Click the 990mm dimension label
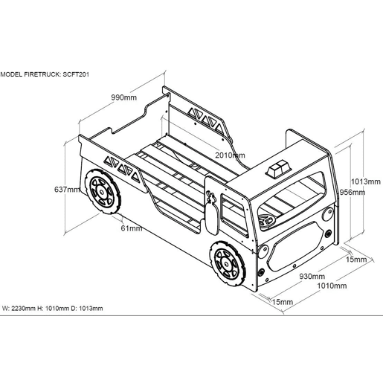(123, 97)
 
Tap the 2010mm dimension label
(230, 155)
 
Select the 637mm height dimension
(67, 190)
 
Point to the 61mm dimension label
(132, 228)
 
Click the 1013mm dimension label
(365, 181)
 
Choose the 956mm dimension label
(352, 192)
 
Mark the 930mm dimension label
(312, 276)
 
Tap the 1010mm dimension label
(332, 286)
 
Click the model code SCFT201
(76, 74)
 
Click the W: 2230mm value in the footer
(19, 309)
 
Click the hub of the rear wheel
(101, 192)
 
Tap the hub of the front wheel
(226, 264)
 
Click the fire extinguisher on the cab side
(212, 213)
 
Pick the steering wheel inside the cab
(267, 221)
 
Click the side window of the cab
(234, 215)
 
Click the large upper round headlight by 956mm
(328, 214)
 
